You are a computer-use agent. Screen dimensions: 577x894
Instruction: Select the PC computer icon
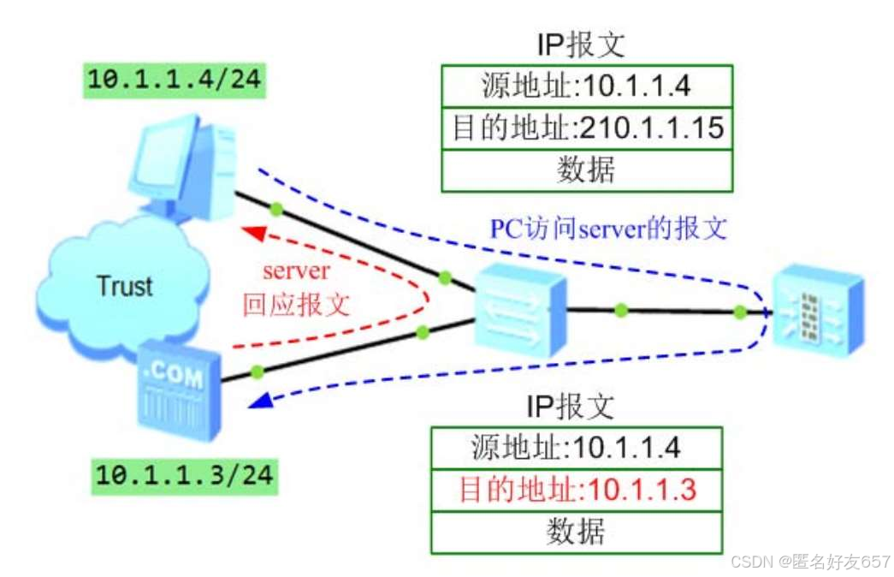[x=183, y=166]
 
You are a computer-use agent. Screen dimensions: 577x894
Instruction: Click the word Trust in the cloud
[x=125, y=286]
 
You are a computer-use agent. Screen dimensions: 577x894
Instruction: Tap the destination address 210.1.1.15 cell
[x=587, y=128]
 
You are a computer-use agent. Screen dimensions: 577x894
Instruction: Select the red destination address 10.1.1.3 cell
[x=577, y=490]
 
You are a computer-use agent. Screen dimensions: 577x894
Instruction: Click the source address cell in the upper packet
[x=587, y=86]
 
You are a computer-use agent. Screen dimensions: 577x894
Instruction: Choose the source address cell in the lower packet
[x=577, y=448]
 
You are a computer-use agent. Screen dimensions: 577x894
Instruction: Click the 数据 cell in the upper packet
[x=587, y=170]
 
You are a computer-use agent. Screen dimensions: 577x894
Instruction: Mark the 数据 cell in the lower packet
[x=577, y=532]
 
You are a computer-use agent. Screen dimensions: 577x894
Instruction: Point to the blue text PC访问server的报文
[x=608, y=229]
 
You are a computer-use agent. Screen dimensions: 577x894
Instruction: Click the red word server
[x=296, y=271]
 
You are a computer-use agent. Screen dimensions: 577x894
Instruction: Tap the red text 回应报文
[x=296, y=305]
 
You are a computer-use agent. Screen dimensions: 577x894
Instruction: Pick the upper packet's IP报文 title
[x=587, y=45]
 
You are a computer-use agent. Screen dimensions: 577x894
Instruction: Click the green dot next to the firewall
[x=739, y=313]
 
